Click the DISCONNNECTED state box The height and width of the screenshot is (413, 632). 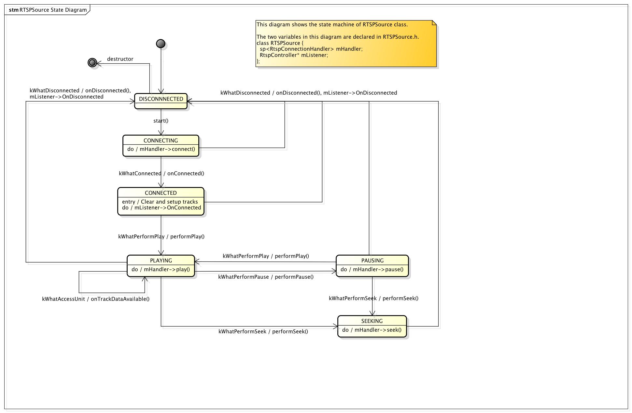pyautogui.click(x=161, y=101)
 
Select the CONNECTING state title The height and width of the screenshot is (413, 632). pyautogui.click(x=161, y=140)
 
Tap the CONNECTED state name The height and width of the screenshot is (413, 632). pyautogui.click(x=161, y=193)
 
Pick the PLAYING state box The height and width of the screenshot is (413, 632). pyautogui.click(x=161, y=266)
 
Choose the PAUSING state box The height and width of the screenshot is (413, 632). pyautogui.click(x=372, y=266)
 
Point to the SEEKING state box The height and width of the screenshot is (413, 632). pyautogui.click(x=372, y=326)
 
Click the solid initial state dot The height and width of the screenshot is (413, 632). pyautogui.click(x=161, y=44)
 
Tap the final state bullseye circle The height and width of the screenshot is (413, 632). pyautogui.click(x=92, y=62)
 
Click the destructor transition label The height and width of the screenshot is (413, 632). pyautogui.click(x=120, y=59)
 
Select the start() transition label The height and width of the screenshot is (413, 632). pyautogui.click(x=161, y=121)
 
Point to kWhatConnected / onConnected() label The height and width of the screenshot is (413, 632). pyautogui.click(x=162, y=173)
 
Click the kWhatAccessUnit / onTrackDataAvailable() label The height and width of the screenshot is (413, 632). pyautogui.click(x=96, y=299)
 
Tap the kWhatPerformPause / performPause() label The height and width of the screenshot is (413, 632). pyautogui.click(x=266, y=277)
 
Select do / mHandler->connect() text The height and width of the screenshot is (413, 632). pyautogui.click(x=161, y=149)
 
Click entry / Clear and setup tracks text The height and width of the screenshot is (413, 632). pyautogui.click(x=160, y=202)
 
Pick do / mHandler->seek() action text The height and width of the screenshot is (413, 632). pyautogui.click(x=372, y=330)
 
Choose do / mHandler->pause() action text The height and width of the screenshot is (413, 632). pyautogui.click(x=372, y=269)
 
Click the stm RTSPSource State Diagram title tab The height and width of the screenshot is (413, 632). pyautogui.click(x=48, y=10)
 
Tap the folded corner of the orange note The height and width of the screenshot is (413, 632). pyautogui.click(x=434, y=22)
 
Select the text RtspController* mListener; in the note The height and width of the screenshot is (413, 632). pyautogui.click(x=294, y=55)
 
